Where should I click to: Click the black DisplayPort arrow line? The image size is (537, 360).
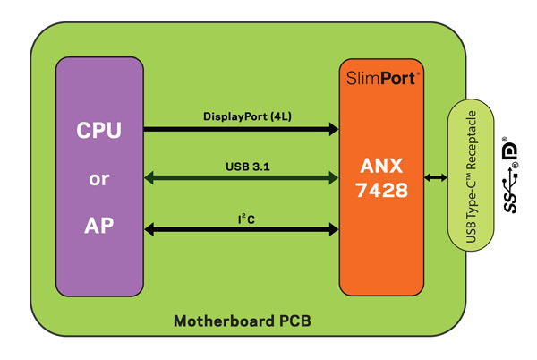pyautogui.click(x=242, y=130)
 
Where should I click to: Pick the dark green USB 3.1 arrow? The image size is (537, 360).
pyautogui.click(x=242, y=180)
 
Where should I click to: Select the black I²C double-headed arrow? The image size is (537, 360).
pyautogui.click(x=242, y=230)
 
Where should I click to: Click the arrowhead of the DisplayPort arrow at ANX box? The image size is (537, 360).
pyautogui.click(x=333, y=130)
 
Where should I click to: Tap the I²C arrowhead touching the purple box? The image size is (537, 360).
pyautogui.click(x=149, y=230)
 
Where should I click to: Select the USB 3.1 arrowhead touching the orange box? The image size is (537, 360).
pyautogui.click(x=333, y=180)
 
